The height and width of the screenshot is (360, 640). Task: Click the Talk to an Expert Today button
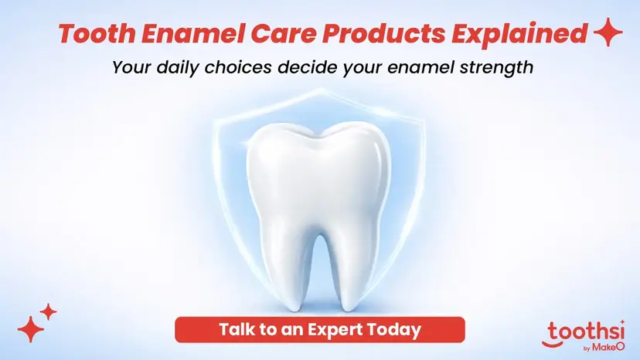(320, 329)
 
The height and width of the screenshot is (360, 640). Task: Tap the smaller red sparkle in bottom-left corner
(49, 312)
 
